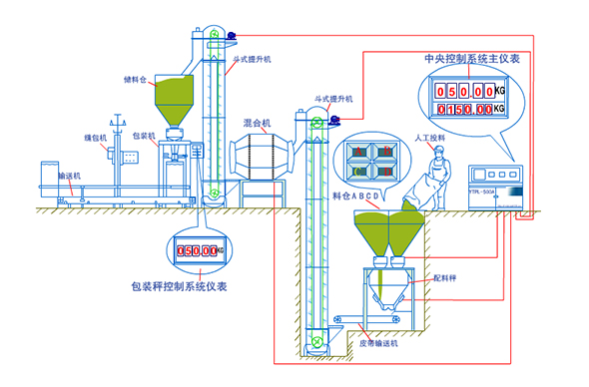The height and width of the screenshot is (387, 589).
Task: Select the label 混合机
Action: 259,123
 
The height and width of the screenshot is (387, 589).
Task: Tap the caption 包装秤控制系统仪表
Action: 179,286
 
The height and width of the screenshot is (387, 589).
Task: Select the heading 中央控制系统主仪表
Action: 470,59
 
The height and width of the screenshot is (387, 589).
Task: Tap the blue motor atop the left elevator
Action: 230,36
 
